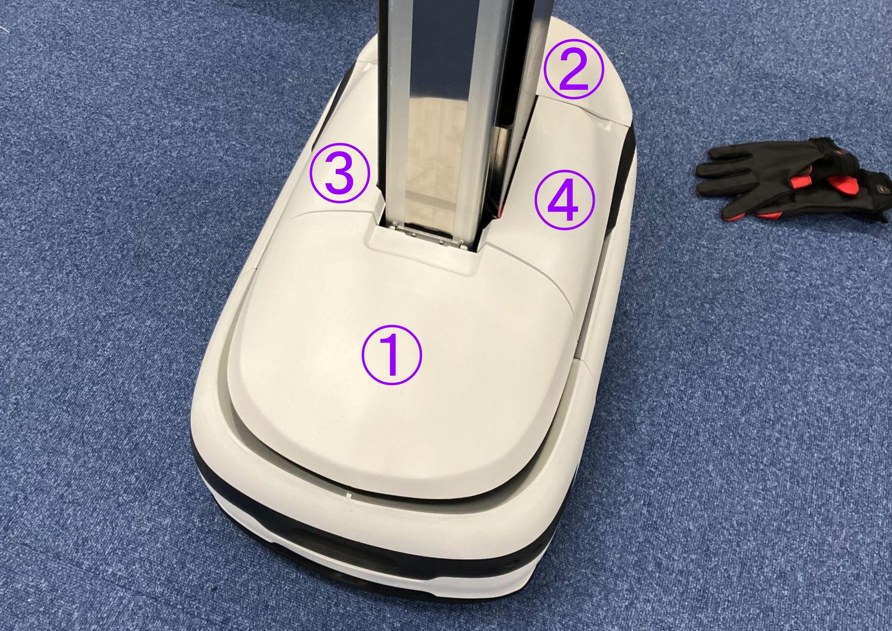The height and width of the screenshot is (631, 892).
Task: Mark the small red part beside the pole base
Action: pos(500,212)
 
